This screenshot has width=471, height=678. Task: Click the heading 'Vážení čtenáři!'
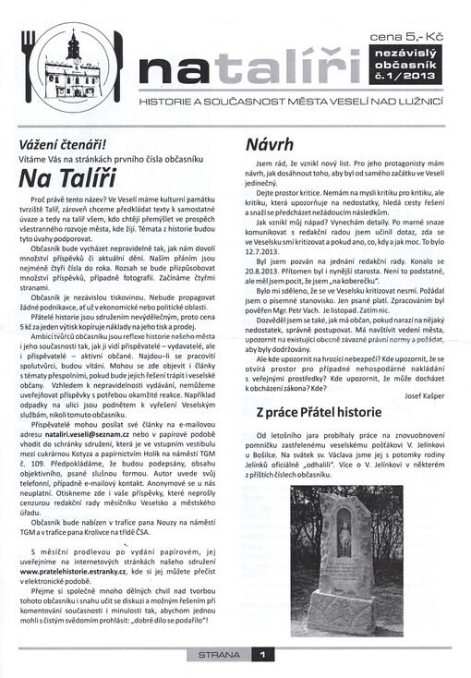pyautogui.click(x=66, y=143)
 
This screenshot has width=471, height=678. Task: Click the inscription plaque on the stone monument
pyautogui.click(x=344, y=577)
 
